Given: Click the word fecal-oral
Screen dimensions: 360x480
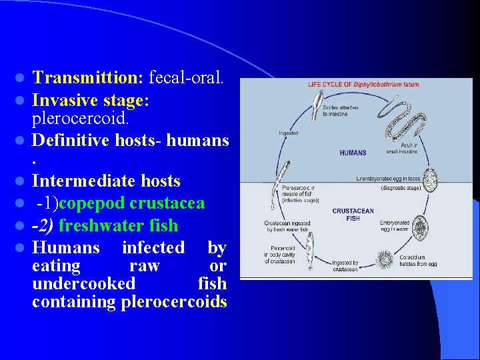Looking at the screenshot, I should [x=186, y=78].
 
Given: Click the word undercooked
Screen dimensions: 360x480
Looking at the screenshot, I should [x=83, y=284].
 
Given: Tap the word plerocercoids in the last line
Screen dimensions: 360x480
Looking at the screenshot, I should [x=174, y=302].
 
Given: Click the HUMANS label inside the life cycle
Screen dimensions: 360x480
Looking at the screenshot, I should [x=353, y=153].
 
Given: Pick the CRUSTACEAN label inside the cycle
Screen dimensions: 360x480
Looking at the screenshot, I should [x=353, y=211].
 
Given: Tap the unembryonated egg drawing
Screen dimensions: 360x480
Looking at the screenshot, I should [x=431, y=179].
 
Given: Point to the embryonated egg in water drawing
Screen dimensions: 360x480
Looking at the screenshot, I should [x=421, y=225].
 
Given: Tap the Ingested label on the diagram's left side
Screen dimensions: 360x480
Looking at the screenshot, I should [x=288, y=133].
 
